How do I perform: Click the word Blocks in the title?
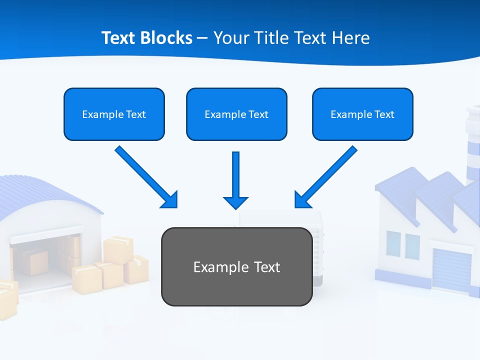click(x=167, y=38)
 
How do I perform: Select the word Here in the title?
click(x=350, y=38)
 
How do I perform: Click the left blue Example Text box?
click(x=114, y=114)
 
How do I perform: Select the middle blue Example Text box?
click(x=236, y=114)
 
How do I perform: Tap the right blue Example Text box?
click(x=362, y=114)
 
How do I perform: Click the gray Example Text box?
click(x=236, y=266)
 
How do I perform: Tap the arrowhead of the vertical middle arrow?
click(x=235, y=202)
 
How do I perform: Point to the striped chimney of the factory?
click(x=472, y=145)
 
